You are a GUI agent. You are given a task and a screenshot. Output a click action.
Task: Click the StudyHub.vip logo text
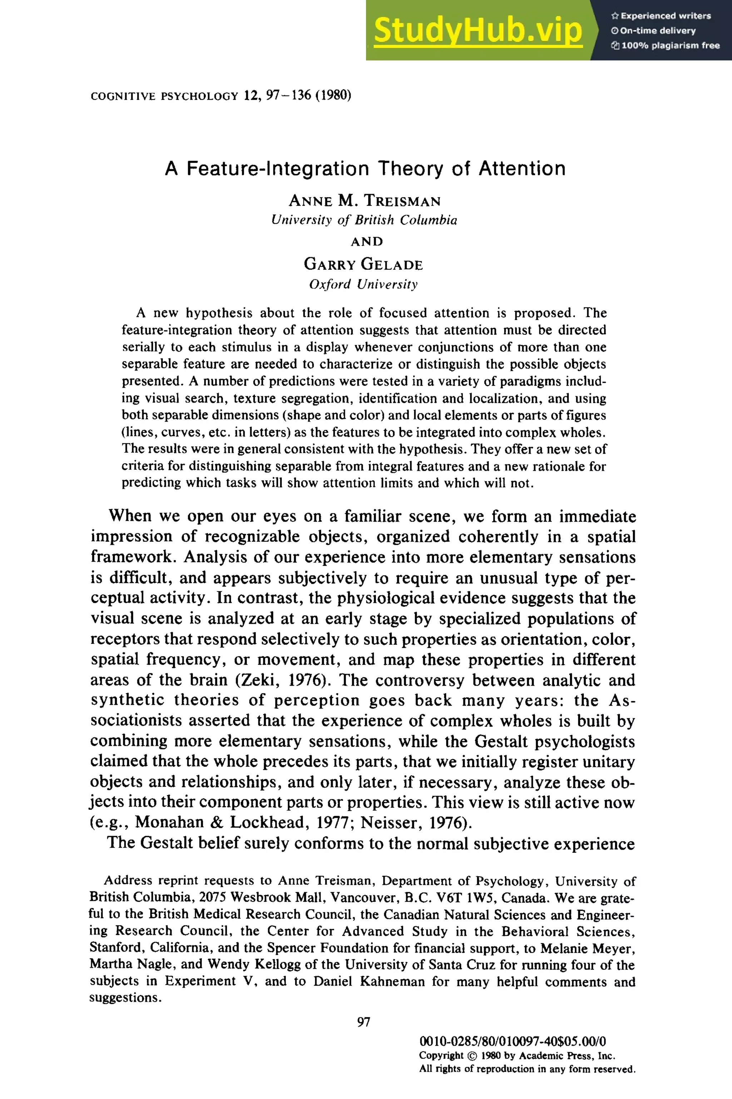(478, 30)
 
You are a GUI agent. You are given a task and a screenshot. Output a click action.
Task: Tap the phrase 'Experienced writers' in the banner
(665, 16)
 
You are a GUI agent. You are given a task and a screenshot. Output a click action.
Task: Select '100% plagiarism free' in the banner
(670, 45)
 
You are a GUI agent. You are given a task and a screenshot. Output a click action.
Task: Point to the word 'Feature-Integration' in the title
(278, 169)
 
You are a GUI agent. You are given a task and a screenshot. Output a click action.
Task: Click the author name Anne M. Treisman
(365, 201)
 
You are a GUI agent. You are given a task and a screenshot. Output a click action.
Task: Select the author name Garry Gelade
(363, 264)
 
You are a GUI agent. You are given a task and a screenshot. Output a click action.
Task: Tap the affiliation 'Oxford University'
(363, 284)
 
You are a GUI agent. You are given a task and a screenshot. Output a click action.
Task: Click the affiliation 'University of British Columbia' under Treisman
(364, 220)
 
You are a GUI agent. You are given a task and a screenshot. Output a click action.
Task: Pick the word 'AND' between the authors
(367, 241)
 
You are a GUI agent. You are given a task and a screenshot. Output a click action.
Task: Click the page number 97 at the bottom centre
(363, 1022)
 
